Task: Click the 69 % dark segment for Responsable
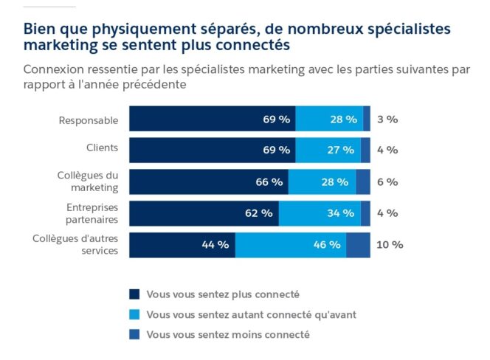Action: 213,119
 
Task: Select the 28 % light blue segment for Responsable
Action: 329,119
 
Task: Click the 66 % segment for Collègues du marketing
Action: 209,181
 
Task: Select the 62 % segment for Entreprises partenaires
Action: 204,213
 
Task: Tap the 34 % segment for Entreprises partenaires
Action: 320,213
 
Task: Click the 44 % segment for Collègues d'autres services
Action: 182,245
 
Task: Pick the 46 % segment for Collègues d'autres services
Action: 291,245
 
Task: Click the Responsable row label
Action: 89,119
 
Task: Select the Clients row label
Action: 102,148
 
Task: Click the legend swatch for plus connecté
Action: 134,294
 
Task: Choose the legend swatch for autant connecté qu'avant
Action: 134,314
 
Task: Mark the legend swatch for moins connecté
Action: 134,334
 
